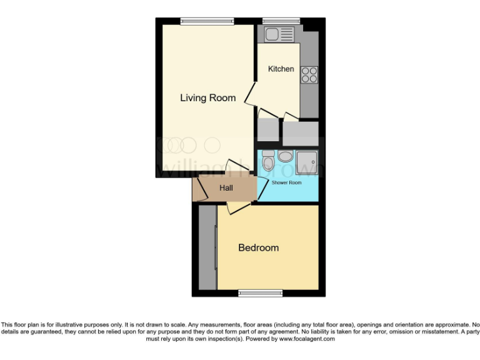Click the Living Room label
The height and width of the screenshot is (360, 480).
click(x=207, y=98)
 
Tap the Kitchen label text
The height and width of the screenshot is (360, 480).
click(x=281, y=69)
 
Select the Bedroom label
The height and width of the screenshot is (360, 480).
click(x=258, y=248)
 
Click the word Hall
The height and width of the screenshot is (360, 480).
click(x=226, y=187)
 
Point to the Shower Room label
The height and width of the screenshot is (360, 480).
click(x=286, y=182)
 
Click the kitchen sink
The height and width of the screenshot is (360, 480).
click(x=279, y=34)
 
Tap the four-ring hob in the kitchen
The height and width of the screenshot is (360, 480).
click(x=309, y=74)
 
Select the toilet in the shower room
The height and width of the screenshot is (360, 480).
click(x=268, y=162)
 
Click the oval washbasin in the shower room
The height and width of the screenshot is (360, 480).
click(x=286, y=156)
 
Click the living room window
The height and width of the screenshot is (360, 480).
click(x=208, y=22)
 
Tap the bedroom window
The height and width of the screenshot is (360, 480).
click(x=260, y=292)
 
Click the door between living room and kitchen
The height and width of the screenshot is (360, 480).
click(x=251, y=95)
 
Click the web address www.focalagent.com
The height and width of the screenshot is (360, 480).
click(x=306, y=339)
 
